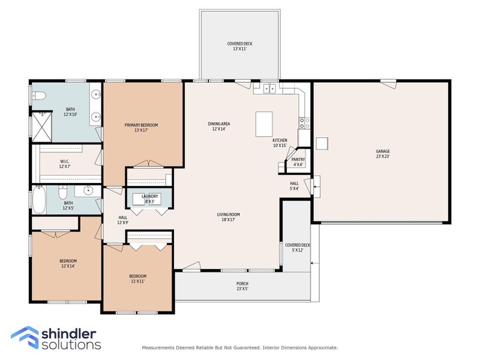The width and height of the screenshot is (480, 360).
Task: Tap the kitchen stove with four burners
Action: coord(304,123)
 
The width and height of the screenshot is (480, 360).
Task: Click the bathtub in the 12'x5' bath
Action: coord(39,201)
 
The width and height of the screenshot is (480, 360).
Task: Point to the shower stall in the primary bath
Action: coord(41,127)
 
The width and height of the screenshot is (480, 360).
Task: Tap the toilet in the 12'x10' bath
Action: coord(38,94)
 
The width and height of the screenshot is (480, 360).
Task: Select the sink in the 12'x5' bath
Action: coord(88,191)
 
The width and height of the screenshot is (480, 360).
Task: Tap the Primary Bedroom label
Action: coord(141,125)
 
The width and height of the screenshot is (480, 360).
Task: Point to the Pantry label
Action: coord(298,160)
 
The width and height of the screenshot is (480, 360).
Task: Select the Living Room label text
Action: coord(228,214)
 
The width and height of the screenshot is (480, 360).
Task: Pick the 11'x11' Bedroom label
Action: coord(137,276)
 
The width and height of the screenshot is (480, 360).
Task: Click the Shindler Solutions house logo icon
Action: coord(24,337)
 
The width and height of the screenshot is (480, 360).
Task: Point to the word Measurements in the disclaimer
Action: coord(159,347)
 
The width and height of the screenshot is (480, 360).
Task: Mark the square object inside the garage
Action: coord(322,143)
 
